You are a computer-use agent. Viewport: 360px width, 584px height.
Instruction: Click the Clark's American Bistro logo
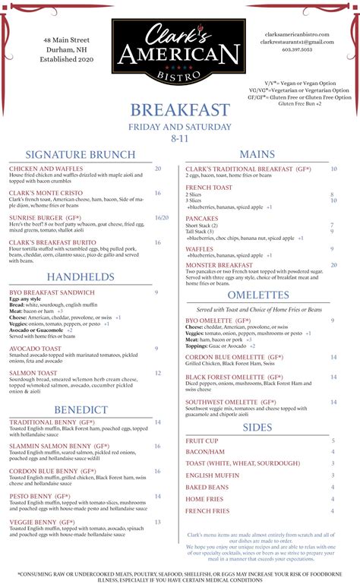coord(179,52)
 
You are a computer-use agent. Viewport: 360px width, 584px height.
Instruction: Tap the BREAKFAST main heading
coord(179,111)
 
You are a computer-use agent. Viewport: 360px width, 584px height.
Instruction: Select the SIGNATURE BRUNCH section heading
coord(80,155)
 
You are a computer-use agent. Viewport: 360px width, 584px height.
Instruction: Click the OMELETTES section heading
coord(257,294)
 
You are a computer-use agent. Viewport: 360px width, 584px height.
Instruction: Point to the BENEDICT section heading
coord(81,409)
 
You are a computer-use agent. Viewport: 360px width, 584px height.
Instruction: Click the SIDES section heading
coord(257,428)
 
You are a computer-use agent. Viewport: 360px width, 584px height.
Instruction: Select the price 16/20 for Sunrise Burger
coord(161,217)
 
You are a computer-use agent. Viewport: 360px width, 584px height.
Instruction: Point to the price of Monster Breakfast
coord(333,265)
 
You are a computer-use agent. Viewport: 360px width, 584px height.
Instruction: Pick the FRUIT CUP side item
coord(202,440)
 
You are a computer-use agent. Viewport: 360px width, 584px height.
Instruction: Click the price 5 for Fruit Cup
coord(333,440)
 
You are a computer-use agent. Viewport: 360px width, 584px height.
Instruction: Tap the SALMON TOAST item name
coord(33,373)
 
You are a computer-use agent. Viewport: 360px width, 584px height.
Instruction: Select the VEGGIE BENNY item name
coord(42,522)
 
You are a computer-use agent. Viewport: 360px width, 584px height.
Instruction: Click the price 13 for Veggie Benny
coord(157,522)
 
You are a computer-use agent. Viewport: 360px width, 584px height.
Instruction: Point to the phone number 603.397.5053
coord(297,49)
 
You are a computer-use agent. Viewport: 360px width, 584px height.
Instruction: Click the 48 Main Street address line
coord(67,39)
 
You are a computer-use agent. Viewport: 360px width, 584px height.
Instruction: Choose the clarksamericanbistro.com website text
coord(297,35)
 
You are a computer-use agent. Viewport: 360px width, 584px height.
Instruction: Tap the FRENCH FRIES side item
coord(207,511)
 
